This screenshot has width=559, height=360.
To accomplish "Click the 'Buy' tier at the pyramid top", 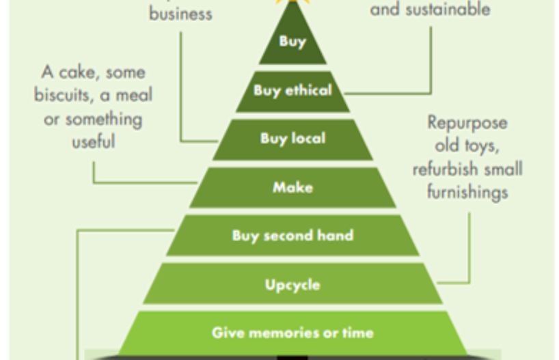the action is [x=292, y=41].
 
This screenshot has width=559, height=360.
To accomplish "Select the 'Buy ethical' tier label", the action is [x=292, y=90].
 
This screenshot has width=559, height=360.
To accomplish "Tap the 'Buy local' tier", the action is [x=292, y=139].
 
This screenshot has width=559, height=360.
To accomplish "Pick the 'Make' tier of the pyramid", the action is [x=292, y=187].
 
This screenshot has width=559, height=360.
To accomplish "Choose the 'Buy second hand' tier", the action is [x=292, y=236].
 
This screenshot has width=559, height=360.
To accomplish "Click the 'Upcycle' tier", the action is [x=292, y=284].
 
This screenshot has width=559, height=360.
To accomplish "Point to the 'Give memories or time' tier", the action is [x=292, y=333].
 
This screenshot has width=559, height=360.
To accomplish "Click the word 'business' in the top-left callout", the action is [x=180, y=13].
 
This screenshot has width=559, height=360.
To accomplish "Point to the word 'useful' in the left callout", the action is [x=94, y=142].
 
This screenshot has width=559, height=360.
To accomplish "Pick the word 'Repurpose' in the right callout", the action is [x=467, y=123].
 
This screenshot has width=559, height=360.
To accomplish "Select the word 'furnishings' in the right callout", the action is [x=467, y=192].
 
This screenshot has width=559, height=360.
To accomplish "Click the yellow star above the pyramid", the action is [x=292, y=2].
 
